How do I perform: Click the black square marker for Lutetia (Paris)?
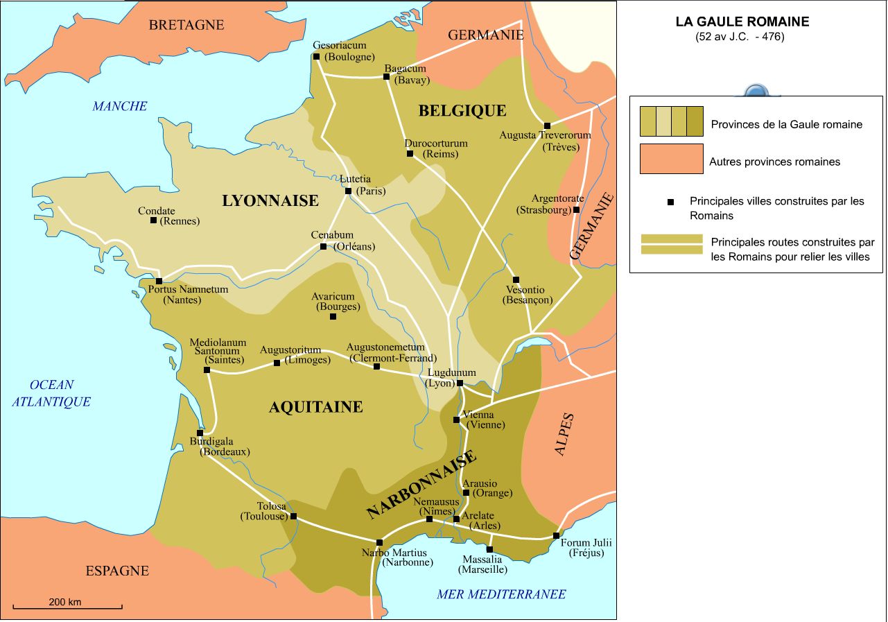(x=348, y=191)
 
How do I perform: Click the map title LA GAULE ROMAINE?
(x=742, y=21)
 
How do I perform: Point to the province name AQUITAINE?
(x=315, y=407)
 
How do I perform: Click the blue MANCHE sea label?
(x=120, y=106)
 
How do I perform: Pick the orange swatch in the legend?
(x=671, y=159)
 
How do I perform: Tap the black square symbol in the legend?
(x=670, y=202)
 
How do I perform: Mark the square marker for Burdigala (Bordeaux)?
(x=200, y=433)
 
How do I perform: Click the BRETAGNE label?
(x=186, y=25)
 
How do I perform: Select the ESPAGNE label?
(x=117, y=571)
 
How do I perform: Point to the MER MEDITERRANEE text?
(x=501, y=594)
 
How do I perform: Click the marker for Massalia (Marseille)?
(x=489, y=549)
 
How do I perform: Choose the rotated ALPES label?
(x=564, y=434)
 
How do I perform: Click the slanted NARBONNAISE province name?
(x=421, y=485)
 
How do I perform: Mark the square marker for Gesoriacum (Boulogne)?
(x=316, y=56)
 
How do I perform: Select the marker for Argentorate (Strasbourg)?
(x=576, y=209)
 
